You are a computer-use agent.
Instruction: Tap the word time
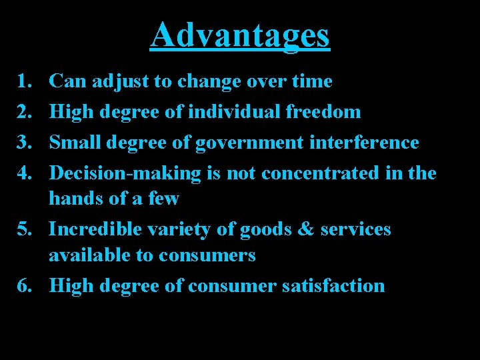coord(311,81)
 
